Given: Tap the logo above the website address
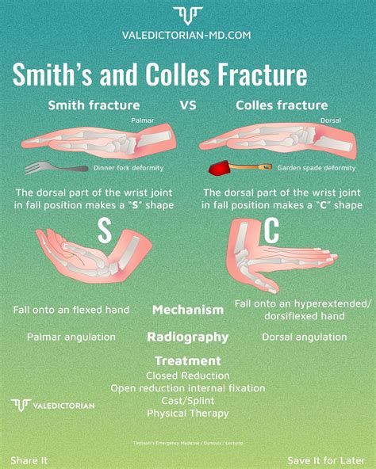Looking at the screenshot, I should coord(187,14).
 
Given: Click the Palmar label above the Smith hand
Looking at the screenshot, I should coord(144,120).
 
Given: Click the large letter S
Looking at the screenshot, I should coord(104,231).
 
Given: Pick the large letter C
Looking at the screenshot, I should coord(271,231).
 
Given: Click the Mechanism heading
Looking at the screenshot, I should coord(187,310).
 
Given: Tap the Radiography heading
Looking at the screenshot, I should coord(187,337).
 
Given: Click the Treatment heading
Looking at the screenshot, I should coord(187,360).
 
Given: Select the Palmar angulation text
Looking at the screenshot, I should coord(71,337).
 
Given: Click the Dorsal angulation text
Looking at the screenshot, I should coord(304,337).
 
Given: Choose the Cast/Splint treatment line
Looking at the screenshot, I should coord(187,400).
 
